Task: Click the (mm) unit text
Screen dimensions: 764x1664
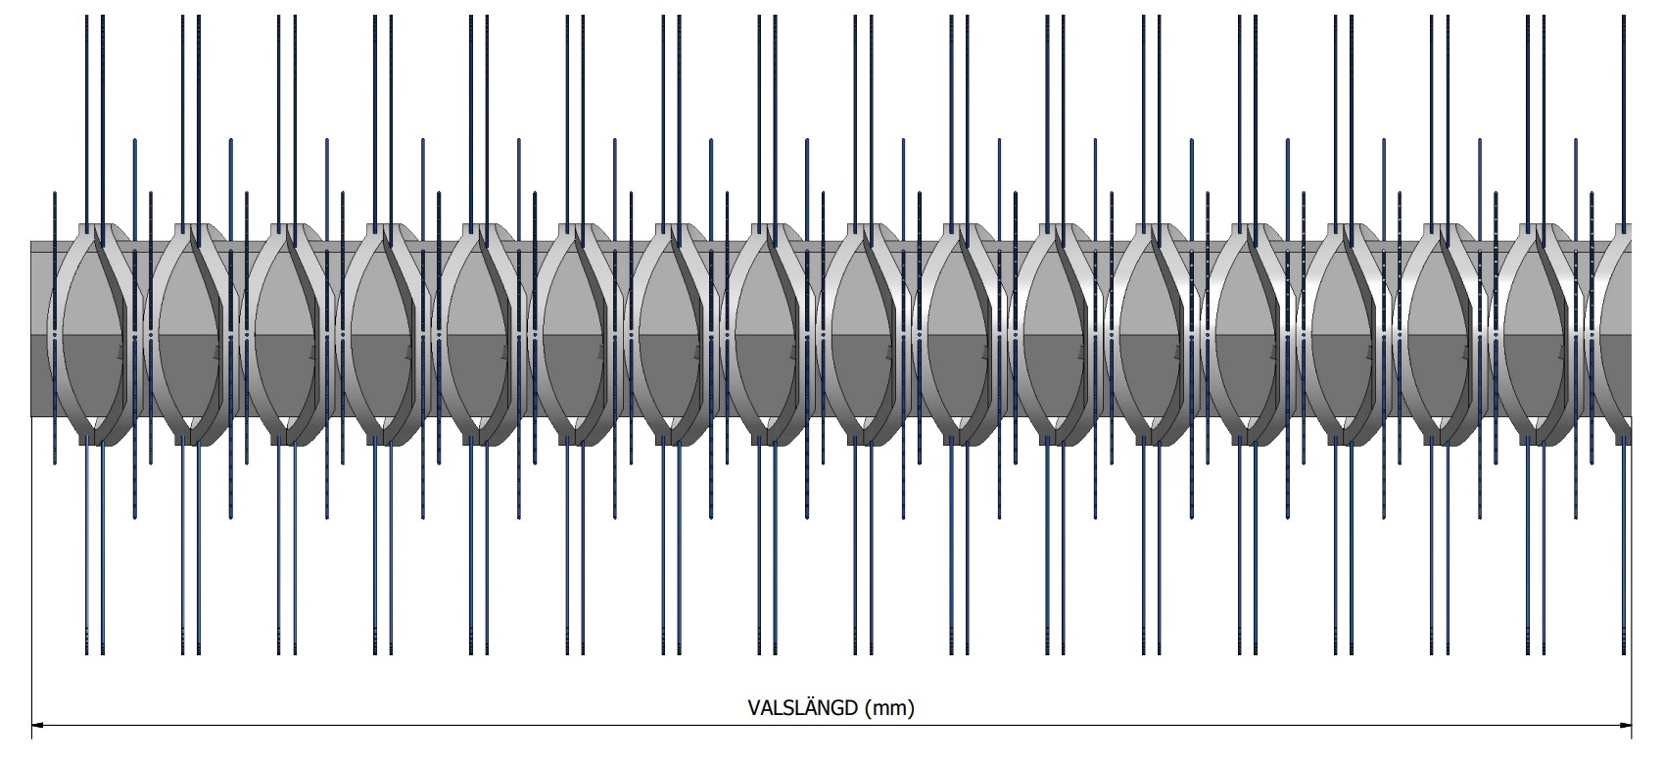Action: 890,708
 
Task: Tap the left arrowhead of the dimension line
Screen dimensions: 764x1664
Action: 38,727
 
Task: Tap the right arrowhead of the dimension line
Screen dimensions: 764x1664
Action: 1626,727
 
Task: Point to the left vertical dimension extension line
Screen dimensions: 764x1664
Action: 32,588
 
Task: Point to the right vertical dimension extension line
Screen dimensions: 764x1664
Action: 1632,588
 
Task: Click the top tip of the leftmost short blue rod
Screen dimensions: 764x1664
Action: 55,195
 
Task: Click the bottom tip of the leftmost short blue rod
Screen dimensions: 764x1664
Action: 55,462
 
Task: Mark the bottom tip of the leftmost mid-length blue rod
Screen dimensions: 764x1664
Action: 135,516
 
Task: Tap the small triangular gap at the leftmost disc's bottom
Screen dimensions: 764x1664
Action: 95,423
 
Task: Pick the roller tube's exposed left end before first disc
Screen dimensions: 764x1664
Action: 41,333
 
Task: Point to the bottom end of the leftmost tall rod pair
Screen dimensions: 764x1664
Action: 95,650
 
